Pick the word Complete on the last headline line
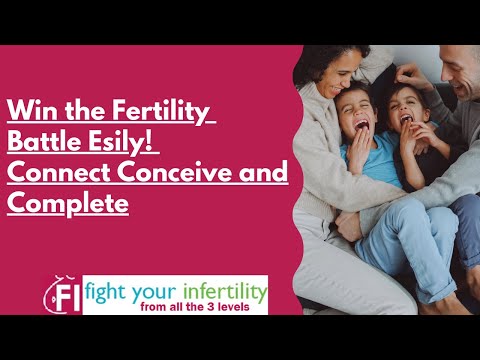68,203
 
